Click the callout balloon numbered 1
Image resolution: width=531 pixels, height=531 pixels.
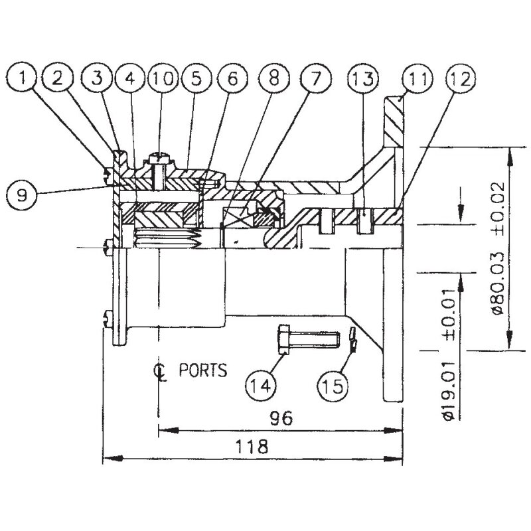[x=24, y=79]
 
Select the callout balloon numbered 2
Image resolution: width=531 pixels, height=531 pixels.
[x=59, y=79]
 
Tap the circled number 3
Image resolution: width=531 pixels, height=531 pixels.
[x=98, y=79]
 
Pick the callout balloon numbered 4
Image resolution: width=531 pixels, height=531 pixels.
[x=129, y=79]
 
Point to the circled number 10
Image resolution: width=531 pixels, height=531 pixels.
[x=161, y=79]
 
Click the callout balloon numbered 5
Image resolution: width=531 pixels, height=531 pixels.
[x=196, y=79]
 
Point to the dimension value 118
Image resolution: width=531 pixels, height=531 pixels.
[x=256, y=446]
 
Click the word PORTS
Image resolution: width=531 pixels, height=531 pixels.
[x=202, y=370]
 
